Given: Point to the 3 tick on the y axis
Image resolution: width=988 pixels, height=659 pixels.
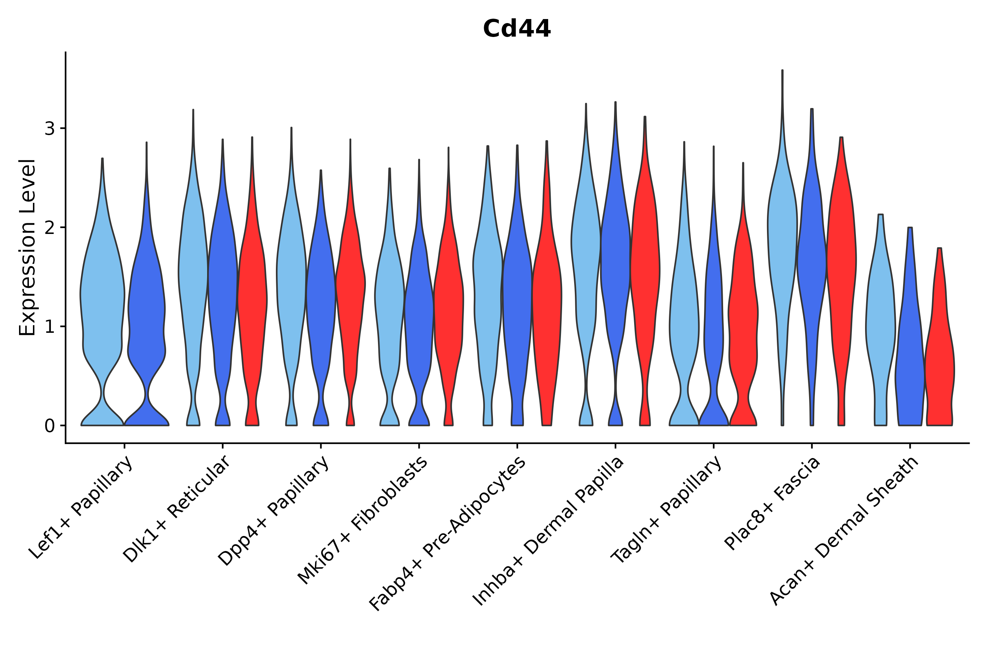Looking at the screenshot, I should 49,129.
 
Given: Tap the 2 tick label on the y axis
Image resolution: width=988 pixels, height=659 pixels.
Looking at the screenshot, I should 49,228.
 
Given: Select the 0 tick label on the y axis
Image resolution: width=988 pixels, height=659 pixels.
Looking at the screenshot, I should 49,426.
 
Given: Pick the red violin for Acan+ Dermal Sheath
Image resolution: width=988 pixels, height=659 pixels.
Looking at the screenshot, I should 940,361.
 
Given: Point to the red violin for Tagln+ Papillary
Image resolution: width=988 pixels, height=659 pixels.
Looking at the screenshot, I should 743,319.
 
